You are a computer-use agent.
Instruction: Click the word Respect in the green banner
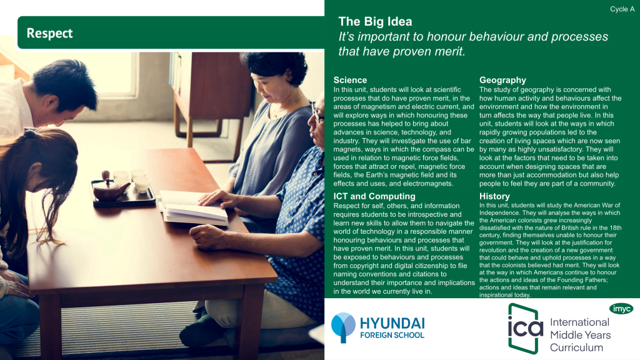click(x=49, y=33)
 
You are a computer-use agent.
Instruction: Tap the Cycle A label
click(x=622, y=9)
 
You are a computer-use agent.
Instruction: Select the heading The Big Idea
click(x=375, y=21)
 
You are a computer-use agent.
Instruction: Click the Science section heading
click(x=350, y=80)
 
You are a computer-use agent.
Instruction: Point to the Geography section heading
click(x=502, y=80)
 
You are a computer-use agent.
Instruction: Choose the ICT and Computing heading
click(x=374, y=196)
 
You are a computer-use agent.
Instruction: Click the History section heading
click(x=494, y=196)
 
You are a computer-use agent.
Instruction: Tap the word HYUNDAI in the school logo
click(x=392, y=324)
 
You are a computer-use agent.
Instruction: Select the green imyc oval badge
click(x=621, y=309)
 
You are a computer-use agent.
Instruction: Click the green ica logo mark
click(x=525, y=328)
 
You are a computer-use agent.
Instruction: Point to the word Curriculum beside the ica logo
click(x=576, y=347)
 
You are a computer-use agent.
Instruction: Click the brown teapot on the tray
click(x=110, y=188)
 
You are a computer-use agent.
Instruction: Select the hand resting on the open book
click(x=217, y=199)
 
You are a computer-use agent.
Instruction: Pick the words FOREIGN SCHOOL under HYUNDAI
click(x=392, y=335)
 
